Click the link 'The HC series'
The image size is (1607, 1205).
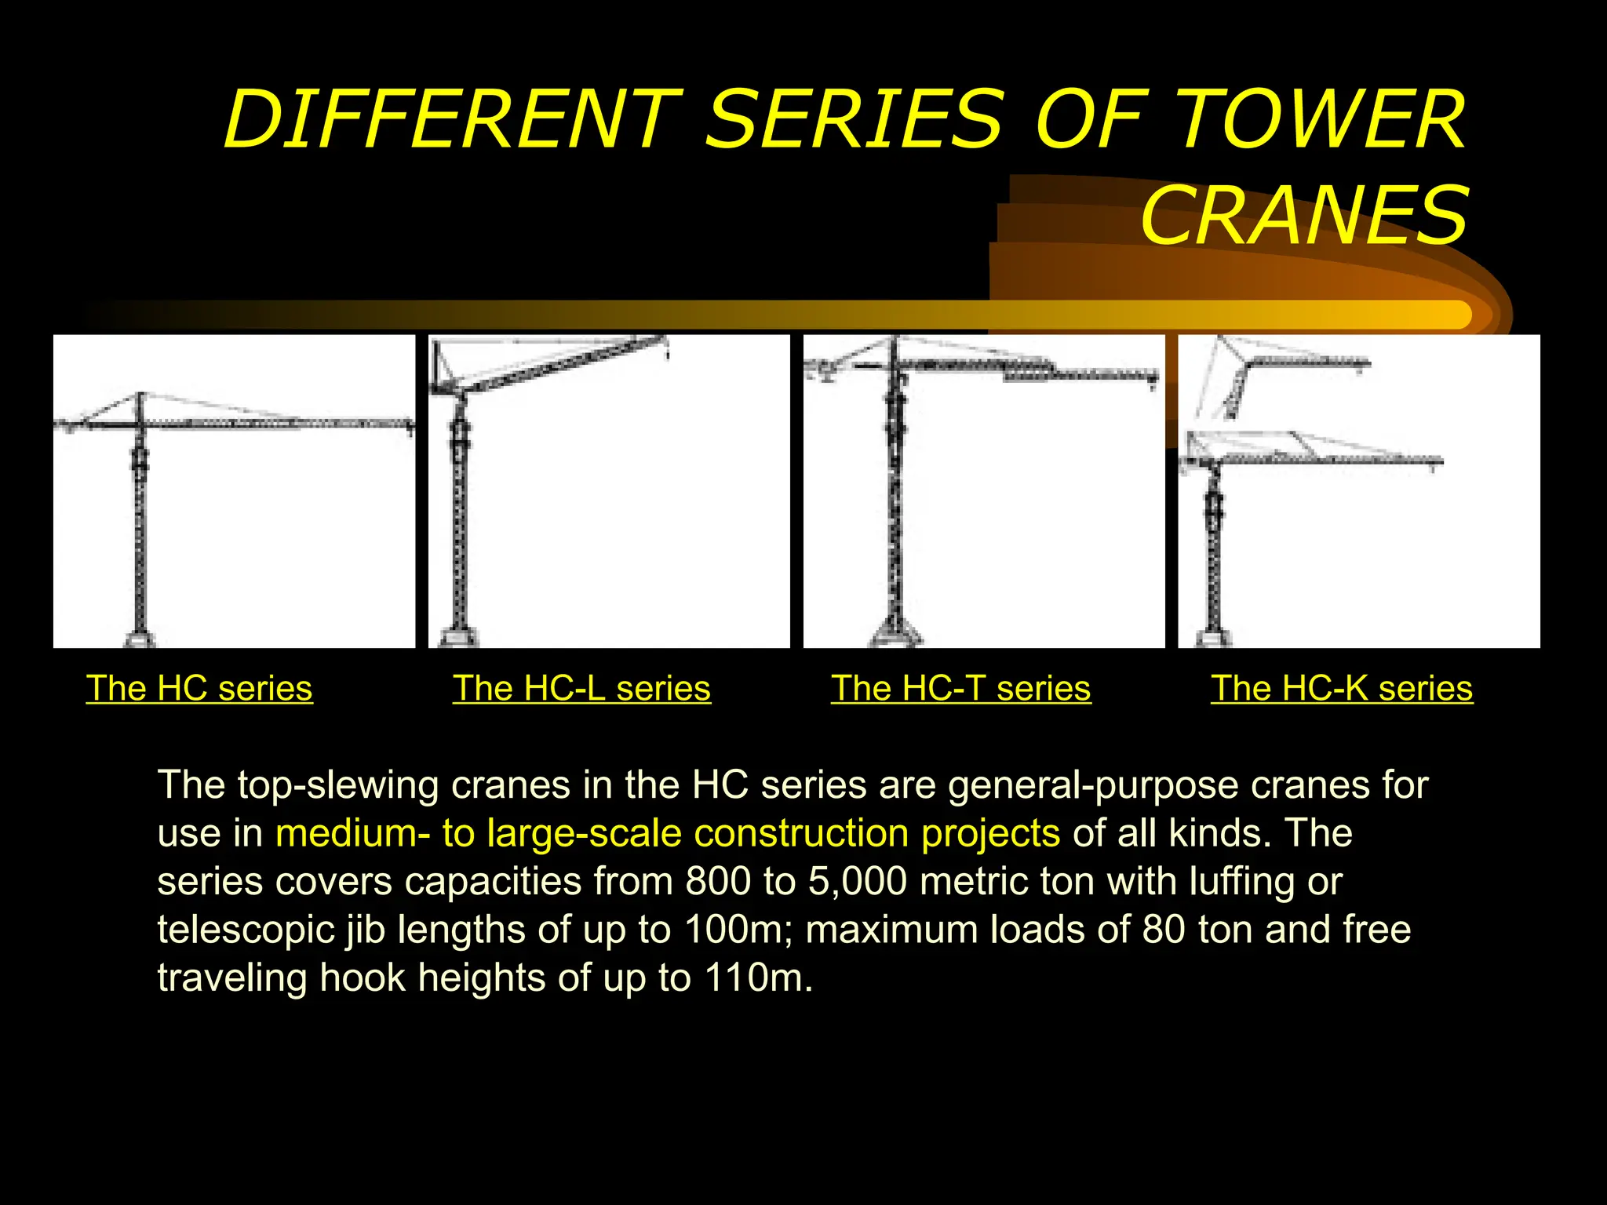click(x=199, y=689)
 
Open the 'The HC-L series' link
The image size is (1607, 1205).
click(x=581, y=689)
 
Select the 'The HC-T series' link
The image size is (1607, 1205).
click(x=960, y=689)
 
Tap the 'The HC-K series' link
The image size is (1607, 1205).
click(x=1341, y=689)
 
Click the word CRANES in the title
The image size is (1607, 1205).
click(x=1303, y=215)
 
